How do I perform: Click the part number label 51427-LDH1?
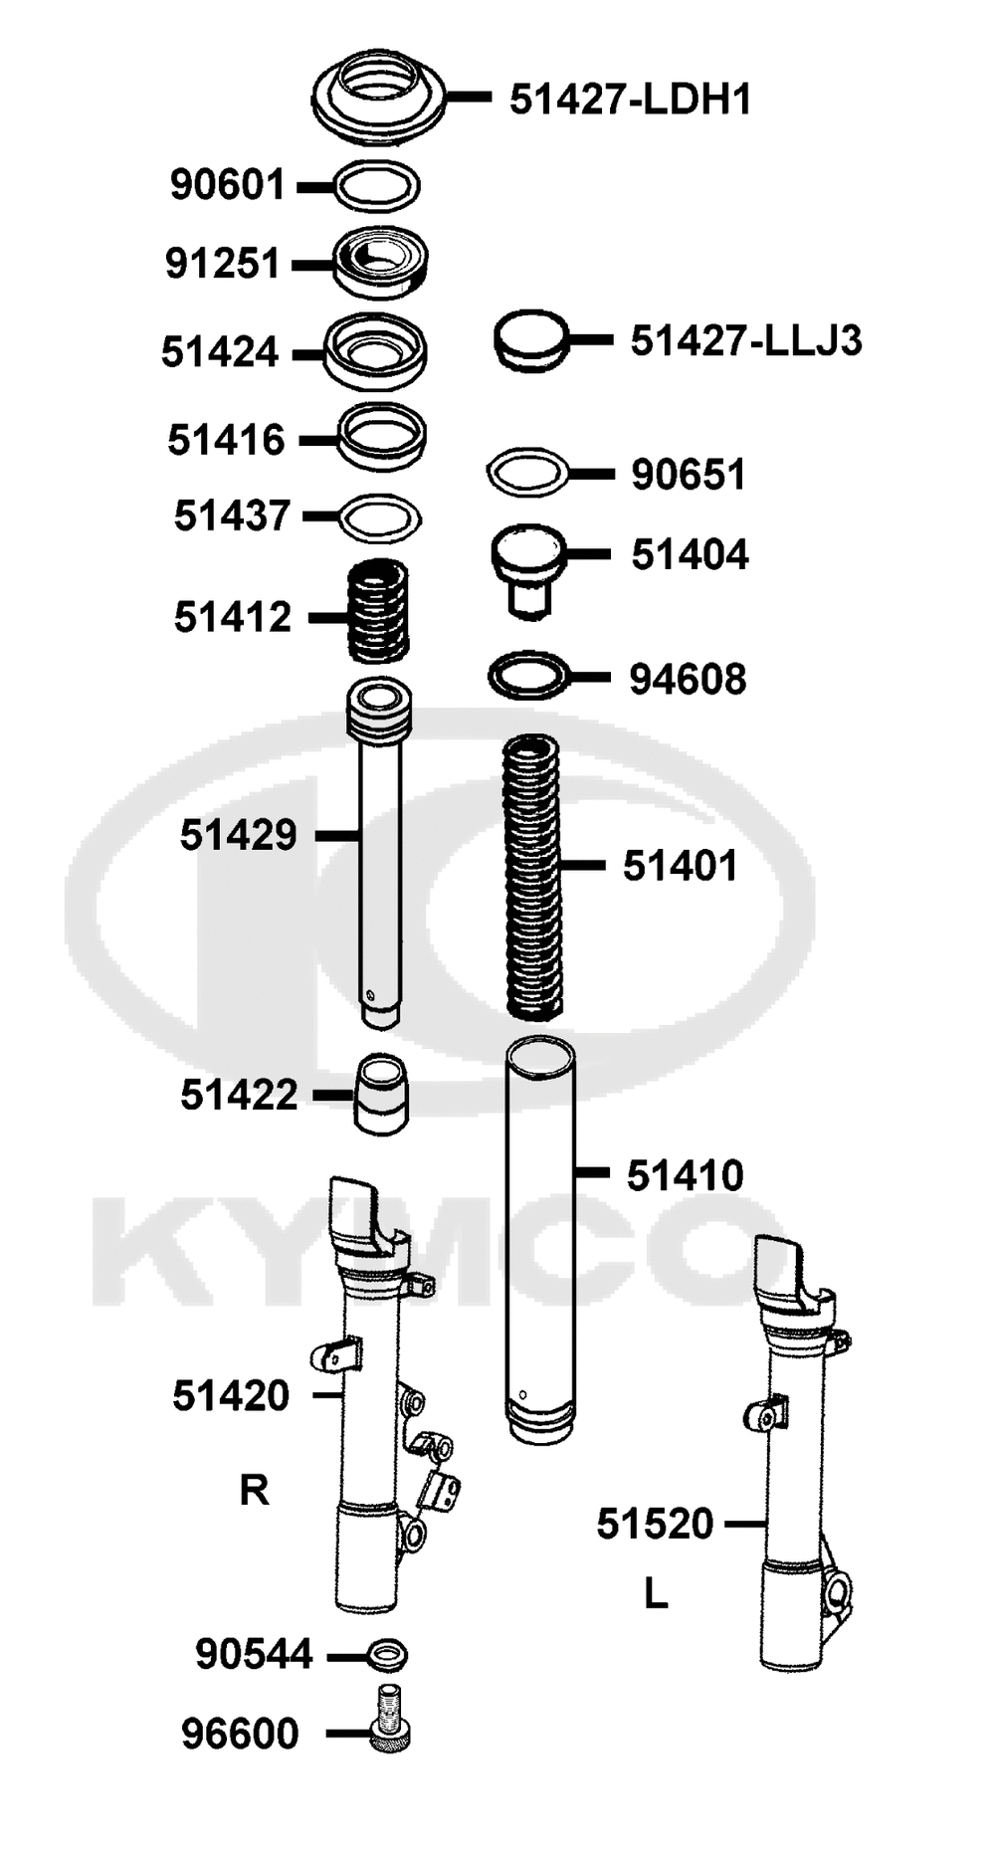[630, 100]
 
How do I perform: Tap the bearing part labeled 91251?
[379, 263]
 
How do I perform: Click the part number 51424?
[220, 352]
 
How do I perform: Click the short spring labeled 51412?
[378, 611]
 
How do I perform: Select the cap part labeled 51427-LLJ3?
[531, 341]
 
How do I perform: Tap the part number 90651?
[689, 475]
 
